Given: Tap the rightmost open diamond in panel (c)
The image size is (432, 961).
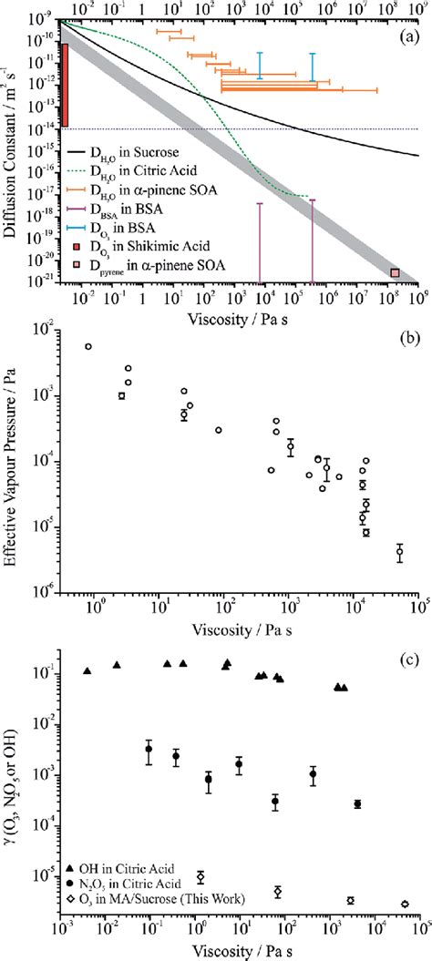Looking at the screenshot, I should tap(405, 904).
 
